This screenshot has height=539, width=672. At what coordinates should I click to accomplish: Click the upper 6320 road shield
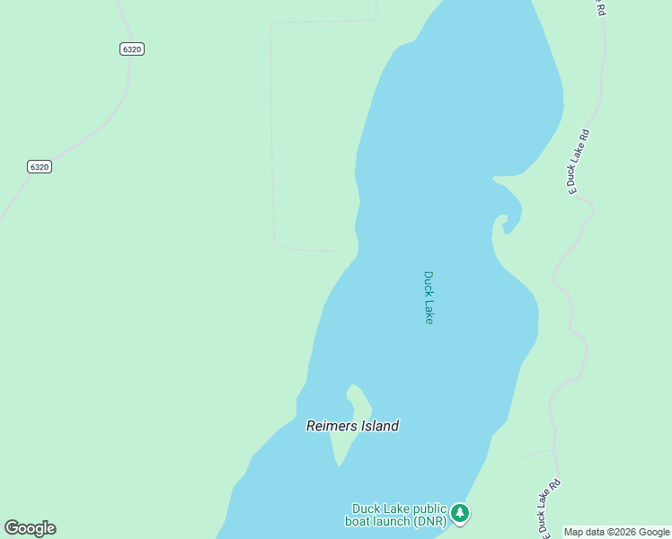(x=131, y=49)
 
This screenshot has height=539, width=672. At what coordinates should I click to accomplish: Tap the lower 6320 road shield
(x=39, y=166)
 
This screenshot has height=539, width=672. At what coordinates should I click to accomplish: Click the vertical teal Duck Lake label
(x=429, y=297)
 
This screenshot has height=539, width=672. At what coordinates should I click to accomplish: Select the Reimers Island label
(x=352, y=426)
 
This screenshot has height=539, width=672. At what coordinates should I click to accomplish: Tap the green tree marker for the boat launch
(x=460, y=514)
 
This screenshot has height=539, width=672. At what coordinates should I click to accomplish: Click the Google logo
(x=30, y=528)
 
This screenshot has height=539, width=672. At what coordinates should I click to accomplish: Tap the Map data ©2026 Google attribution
(x=616, y=532)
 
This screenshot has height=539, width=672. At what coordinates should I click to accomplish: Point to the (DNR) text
(x=428, y=521)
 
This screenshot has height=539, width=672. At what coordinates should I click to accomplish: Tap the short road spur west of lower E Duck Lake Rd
(x=536, y=454)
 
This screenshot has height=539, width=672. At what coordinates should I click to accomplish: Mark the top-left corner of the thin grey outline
(x=271, y=24)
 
